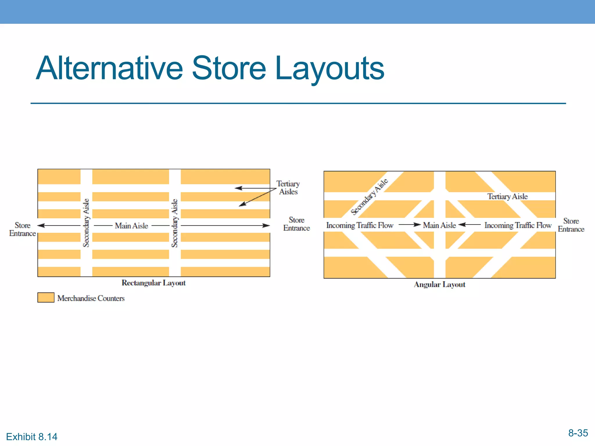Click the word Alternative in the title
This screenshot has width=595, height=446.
click(x=109, y=69)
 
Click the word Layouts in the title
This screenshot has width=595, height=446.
click(x=329, y=69)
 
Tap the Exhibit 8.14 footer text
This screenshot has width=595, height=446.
click(x=32, y=437)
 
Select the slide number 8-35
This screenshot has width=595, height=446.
click(x=578, y=433)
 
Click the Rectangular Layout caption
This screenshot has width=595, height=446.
click(x=153, y=283)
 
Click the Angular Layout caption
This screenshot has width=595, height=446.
click(x=439, y=285)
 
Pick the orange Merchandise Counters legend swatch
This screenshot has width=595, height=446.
click(x=46, y=298)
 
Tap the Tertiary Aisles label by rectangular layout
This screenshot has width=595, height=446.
click(x=288, y=188)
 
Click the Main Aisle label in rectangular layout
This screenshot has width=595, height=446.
click(x=131, y=226)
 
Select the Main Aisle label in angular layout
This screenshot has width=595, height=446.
click(x=439, y=225)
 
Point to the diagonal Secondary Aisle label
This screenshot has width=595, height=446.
click(x=369, y=197)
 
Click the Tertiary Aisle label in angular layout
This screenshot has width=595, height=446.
click(x=507, y=197)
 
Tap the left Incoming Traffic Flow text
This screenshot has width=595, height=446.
click(x=360, y=225)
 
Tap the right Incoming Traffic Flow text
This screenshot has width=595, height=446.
click(x=518, y=225)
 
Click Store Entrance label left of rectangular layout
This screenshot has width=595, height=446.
click(x=22, y=229)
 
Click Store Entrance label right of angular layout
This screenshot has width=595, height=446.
click(x=571, y=225)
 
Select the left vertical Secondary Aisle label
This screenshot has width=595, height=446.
click(x=86, y=223)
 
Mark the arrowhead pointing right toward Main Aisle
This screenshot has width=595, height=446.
click(x=418, y=224)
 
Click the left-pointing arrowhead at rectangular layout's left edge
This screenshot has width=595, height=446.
click(x=41, y=226)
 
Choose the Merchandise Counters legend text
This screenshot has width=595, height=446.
click(x=91, y=298)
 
